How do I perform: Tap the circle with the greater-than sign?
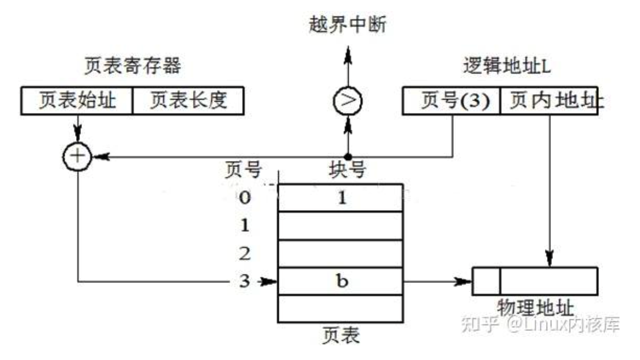(348, 101)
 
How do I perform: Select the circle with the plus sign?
(77, 156)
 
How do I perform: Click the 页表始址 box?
(77, 101)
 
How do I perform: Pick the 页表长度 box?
(188, 101)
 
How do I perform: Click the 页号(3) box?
(451, 101)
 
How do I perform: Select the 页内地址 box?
(549, 101)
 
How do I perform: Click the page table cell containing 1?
(340, 198)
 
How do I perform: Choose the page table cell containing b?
(340, 281)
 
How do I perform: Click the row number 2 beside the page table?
(245, 253)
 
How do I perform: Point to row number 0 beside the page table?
(245, 198)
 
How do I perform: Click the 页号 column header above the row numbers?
(243, 170)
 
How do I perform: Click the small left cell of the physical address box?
(487, 281)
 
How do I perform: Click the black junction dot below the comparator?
(348, 157)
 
